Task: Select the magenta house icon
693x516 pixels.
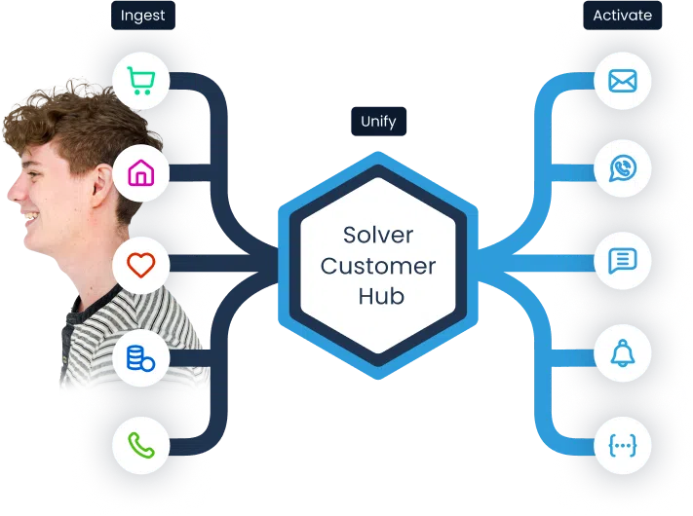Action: (141, 173)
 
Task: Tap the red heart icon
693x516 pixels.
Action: (141, 264)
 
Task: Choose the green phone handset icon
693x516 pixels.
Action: (141, 446)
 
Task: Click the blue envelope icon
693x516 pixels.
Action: (622, 81)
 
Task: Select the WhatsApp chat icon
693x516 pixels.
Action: (622, 169)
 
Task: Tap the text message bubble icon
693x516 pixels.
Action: (622, 261)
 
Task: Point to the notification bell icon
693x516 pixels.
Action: (622, 353)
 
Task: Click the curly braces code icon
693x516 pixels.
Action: (622, 445)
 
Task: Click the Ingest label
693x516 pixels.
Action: (141, 16)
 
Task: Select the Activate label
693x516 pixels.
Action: (622, 16)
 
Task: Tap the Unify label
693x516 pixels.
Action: (379, 122)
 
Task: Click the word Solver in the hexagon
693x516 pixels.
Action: (378, 236)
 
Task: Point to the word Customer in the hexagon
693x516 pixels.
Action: (378, 266)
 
